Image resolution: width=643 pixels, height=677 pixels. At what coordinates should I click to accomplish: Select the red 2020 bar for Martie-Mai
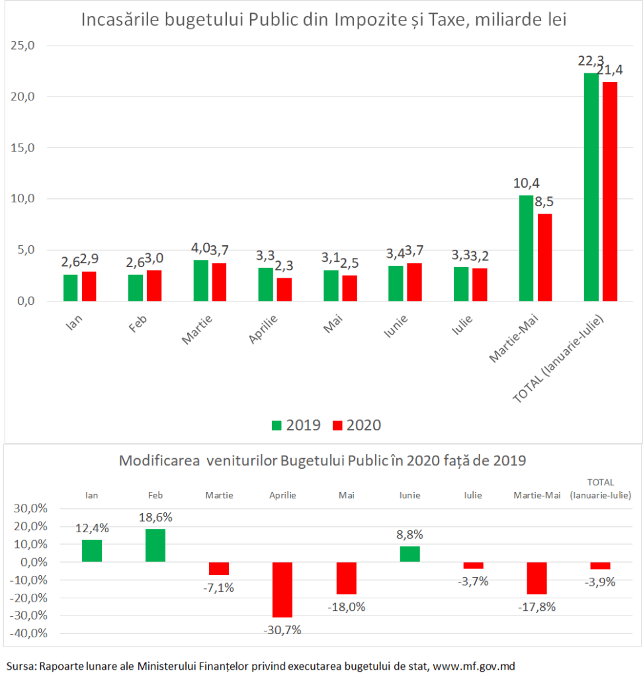[x=544, y=257]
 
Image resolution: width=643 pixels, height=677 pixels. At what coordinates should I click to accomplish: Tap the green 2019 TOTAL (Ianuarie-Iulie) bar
[x=591, y=187]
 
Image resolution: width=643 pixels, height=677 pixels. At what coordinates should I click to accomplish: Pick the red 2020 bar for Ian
[x=89, y=286]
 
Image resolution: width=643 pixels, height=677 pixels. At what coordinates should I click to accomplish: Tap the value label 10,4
[x=526, y=184]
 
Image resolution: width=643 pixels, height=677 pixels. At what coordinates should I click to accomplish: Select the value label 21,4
[x=609, y=69]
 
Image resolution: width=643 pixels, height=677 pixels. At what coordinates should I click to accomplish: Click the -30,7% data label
[x=282, y=629]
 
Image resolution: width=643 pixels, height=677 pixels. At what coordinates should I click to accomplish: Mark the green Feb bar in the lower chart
[x=156, y=545]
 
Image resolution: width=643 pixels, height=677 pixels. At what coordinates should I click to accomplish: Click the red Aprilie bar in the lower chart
[x=282, y=589]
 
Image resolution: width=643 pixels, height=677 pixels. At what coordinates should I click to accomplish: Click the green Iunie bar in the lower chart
[x=409, y=554]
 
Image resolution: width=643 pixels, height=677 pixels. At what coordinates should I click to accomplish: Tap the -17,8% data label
[x=537, y=606]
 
